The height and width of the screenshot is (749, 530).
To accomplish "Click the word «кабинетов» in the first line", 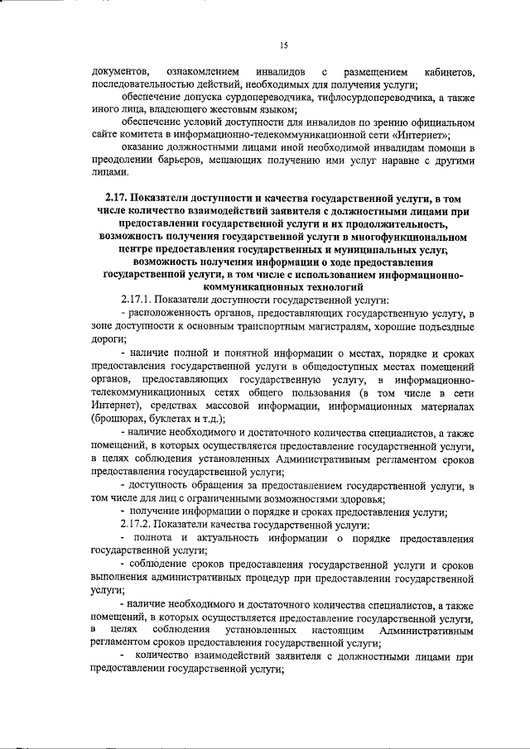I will click(448, 75).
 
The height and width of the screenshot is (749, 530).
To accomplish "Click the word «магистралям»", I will click(310, 327).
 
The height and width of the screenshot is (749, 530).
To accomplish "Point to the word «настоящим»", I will click(331, 631).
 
